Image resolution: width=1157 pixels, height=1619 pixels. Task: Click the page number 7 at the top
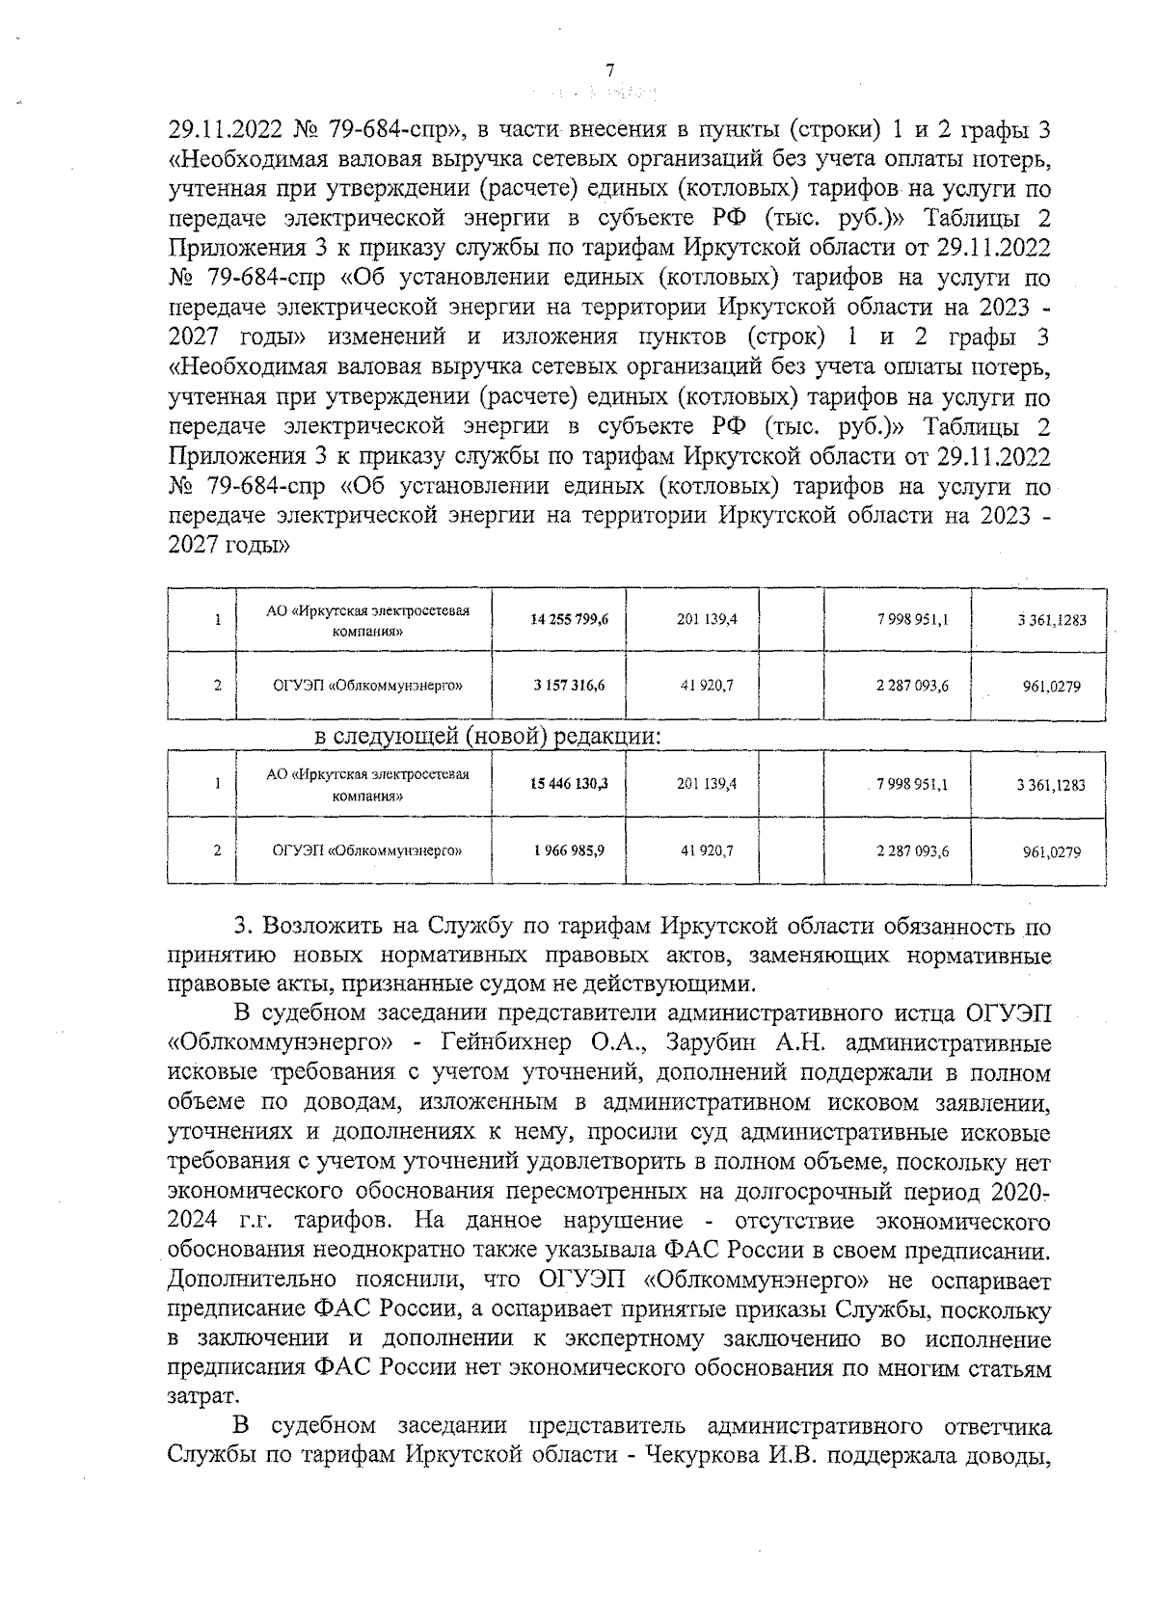click(x=608, y=69)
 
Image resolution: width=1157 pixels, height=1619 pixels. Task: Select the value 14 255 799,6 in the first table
click(x=570, y=619)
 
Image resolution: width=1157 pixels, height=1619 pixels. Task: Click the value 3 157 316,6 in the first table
click(x=570, y=686)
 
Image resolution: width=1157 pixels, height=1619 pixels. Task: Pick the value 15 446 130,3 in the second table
click(x=570, y=784)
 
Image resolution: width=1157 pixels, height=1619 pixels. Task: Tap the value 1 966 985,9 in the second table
click(x=570, y=850)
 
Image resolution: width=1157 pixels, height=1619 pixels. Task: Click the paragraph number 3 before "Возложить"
click(x=242, y=927)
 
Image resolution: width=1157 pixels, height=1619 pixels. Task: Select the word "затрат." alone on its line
click(x=201, y=1396)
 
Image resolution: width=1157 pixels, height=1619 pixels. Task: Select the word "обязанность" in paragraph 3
click(x=927, y=927)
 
